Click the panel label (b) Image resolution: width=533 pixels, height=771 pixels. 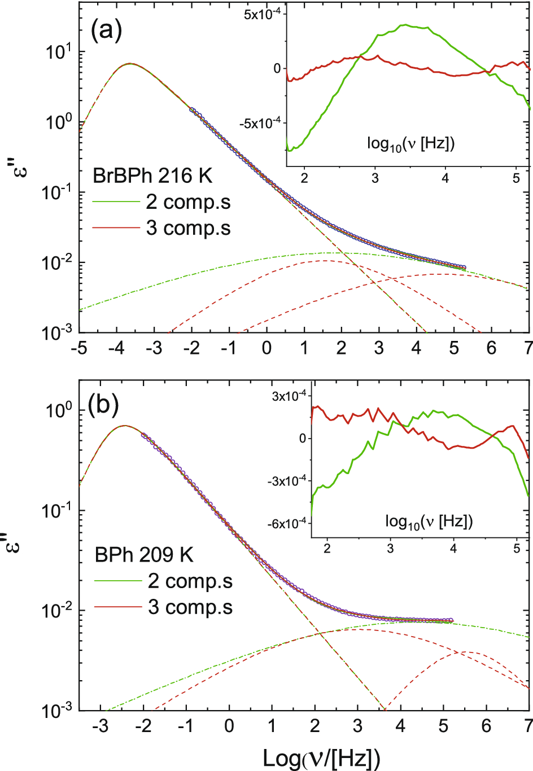(x=103, y=405)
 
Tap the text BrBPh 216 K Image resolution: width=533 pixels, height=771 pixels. (x=152, y=176)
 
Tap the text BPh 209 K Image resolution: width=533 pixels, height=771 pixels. (x=144, y=555)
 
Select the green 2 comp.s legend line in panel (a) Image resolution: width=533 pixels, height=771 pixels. (x=116, y=202)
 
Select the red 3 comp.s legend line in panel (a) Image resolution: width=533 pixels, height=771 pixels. (x=116, y=228)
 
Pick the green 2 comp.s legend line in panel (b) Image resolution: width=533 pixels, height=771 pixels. (x=117, y=581)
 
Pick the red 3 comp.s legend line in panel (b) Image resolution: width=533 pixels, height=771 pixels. (x=117, y=607)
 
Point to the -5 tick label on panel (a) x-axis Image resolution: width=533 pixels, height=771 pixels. (x=78, y=348)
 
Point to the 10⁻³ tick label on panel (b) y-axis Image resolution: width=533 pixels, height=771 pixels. (x=56, y=710)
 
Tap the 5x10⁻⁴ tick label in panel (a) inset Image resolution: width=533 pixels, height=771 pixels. (x=262, y=14)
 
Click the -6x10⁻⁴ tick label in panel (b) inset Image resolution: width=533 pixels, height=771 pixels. (x=288, y=523)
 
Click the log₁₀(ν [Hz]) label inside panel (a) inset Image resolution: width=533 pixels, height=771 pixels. (x=410, y=144)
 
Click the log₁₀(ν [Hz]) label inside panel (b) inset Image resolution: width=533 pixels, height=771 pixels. (x=429, y=522)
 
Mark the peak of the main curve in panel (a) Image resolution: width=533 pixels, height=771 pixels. (x=130, y=64)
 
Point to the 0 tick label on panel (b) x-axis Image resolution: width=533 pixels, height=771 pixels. (x=229, y=726)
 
